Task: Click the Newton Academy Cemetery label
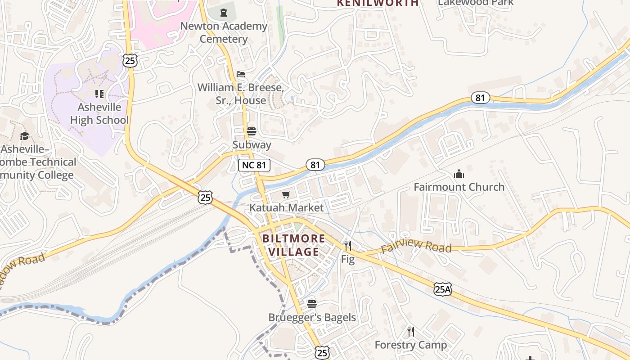click(x=224, y=32)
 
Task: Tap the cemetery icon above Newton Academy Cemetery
click(x=224, y=13)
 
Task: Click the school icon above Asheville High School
click(x=99, y=94)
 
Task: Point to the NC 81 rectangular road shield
click(x=254, y=165)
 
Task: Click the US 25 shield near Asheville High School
click(x=130, y=61)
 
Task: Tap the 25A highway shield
click(x=442, y=289)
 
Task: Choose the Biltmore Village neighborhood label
click(x=294, y=245)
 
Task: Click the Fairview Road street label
click(x=416, y=246)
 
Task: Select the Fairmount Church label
click(x=459, y=187)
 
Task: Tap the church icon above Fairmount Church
click(x=459, y=173)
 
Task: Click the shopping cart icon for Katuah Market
click(x=286, y=194)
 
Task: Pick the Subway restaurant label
click(x=252, y=144)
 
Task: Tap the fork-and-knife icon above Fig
click(x=347, y=245)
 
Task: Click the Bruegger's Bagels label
click(x=312, y=317)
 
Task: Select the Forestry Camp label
click(x=411, y=345)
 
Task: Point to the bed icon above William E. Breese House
click(x=241, y=74)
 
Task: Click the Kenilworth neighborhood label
click(x=378, y=3)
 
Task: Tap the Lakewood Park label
click(x=476, y=3)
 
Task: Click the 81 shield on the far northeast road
click(x=481, y=98)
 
